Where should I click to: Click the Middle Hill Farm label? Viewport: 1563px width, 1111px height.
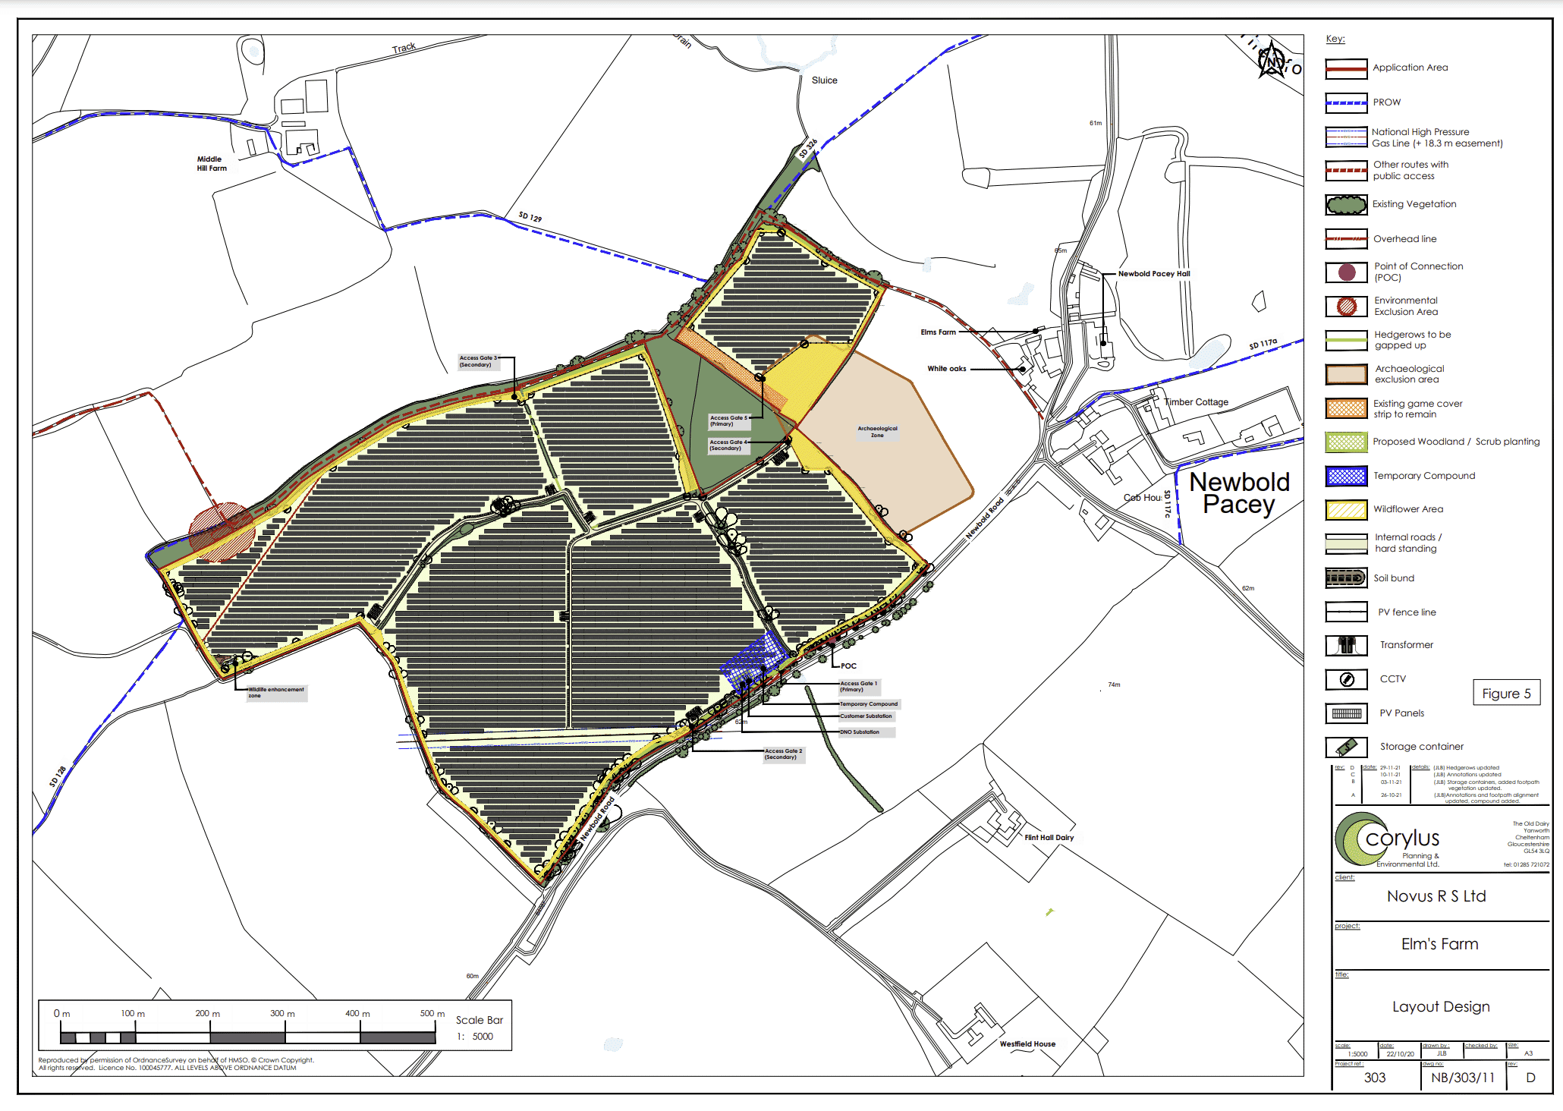pyautogui.click(x=212, y=164)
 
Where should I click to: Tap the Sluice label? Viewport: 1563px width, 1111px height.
pyautogui.click(x=824, y=80)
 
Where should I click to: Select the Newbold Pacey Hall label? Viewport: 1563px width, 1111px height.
pyautogui.click(x=1153, y=274)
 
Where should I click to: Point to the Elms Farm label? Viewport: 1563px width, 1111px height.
pyautogui.click(x=938, y=332)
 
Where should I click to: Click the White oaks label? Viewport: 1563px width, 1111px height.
pyautogui.click(x=946, y=369)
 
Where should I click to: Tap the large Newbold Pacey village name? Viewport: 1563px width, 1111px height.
pyautogui.click(x=1239, y=493)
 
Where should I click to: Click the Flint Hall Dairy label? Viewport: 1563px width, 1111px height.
pyautogui.click(x=1049, y=838)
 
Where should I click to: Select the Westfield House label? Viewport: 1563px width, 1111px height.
pyautogui.click(x=1027, y=1044)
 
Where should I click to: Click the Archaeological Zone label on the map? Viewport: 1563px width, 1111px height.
pyautogui.click(x=877, y=432)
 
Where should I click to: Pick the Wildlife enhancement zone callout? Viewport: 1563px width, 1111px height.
pyautogui.click(x=276, y=692)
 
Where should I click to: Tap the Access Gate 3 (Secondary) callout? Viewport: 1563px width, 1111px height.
pyautogui.click(x=478, y=361)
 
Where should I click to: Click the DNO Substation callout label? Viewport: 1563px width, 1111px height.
pyautogui.click(x=860, y=732)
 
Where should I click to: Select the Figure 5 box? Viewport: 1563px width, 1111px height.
pyautogui.click(x=1506, y=694)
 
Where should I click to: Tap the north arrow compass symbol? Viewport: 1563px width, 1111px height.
pyautogui.click(x=1272, y=61)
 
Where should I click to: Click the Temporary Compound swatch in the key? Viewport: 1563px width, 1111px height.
pyautogui.click(x=1346, y=476)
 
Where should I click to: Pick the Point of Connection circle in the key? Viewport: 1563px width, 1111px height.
pyautogui.click(x=1347, y=272)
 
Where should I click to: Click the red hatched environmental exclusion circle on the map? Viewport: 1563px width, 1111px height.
pyautogui.click(x=221, y=531)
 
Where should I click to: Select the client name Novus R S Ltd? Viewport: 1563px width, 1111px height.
pyautogui.click(x=1436, y=896)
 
